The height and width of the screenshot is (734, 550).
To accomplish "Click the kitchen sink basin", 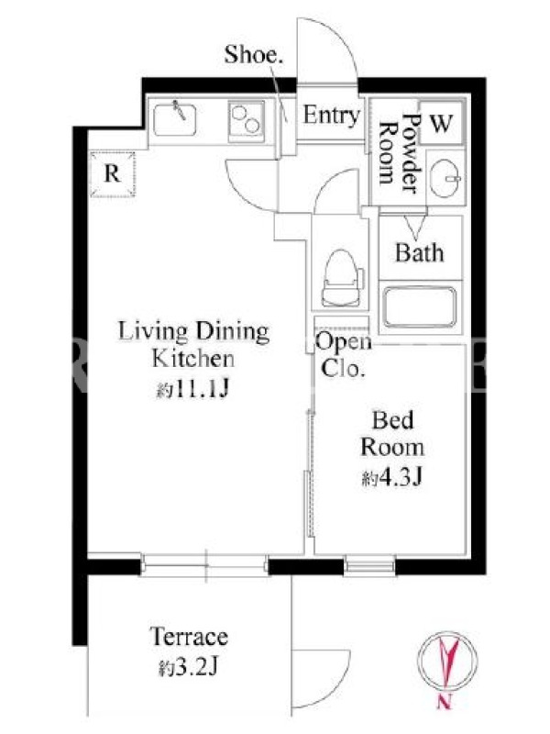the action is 174,119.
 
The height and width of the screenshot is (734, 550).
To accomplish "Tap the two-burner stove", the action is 247,120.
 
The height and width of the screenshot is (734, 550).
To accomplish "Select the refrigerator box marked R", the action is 112,174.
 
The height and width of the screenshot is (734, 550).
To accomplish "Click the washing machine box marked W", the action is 441,123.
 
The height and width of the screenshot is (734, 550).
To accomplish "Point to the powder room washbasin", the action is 445,178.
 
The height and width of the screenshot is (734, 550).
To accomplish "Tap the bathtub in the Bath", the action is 420,307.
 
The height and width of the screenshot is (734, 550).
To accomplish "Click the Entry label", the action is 332,116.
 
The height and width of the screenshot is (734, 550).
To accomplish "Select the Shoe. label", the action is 254,54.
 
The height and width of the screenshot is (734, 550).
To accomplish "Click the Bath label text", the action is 420,253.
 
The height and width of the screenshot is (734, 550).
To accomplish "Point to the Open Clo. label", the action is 343,355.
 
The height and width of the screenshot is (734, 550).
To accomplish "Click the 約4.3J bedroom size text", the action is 392,477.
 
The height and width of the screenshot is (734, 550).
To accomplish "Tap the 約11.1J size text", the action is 192,388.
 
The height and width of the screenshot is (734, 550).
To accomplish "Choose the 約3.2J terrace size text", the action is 188,667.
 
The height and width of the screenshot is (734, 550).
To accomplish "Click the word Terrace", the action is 189,637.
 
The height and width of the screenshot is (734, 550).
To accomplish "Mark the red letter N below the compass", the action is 444,702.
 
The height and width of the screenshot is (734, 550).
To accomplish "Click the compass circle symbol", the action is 447,661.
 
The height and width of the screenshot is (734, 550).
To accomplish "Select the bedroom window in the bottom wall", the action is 370,565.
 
